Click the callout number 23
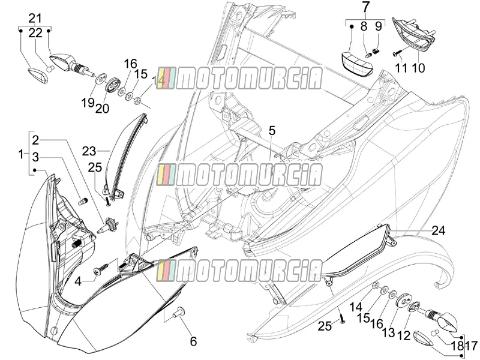coord(89,151)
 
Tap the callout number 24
coord(439,230)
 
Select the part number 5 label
coord(272,130)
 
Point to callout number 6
coord(193,341)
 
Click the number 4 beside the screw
coord(79,281)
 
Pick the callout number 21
coord(35,19)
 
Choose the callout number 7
coord(366,7)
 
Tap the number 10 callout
coord(418,68)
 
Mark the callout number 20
coord(102,108)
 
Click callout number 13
coord(388,332)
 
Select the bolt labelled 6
coord(178,311)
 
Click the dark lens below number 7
coord(357,64)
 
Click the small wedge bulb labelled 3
coord(83,202)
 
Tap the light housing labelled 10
coord(414,33)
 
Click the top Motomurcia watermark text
coord(239,79)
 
